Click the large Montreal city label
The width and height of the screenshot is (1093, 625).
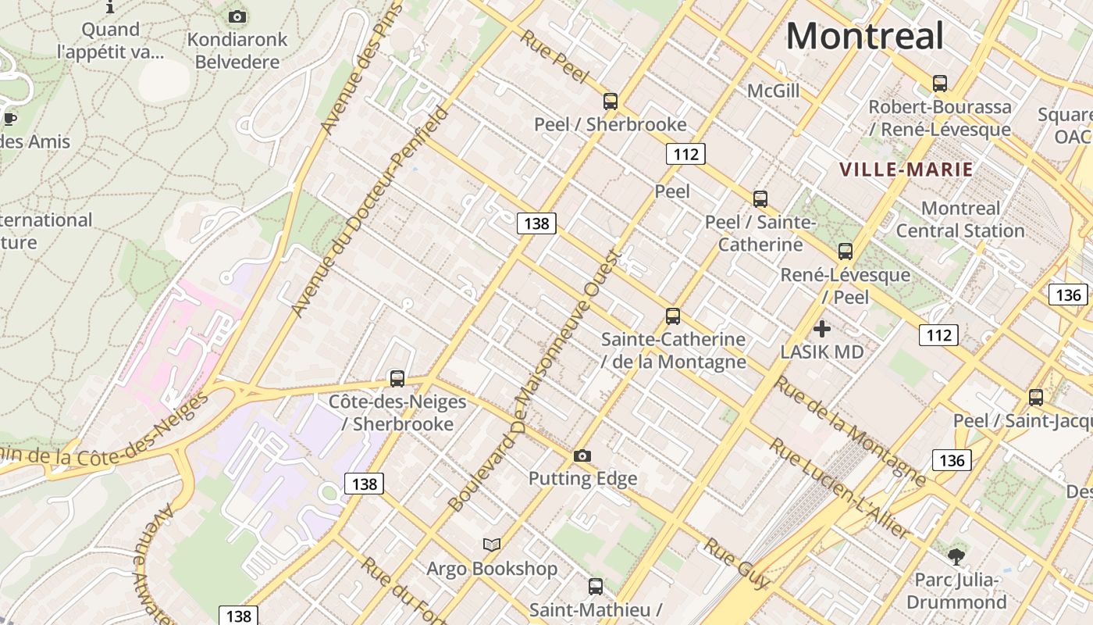click(865, 37)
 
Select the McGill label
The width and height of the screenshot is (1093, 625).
click(774, 91)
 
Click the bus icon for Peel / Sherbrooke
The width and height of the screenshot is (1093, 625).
click(611, 102)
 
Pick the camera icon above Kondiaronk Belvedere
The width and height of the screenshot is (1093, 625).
click(237, 16)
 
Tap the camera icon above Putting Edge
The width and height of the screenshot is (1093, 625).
click(582, 455)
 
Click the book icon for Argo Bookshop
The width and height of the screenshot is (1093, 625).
click(492, 545)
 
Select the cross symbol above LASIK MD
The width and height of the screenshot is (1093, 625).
click(822, 329)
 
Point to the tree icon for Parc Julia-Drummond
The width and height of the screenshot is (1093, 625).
click(956, 557)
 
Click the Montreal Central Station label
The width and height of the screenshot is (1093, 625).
click(960, 220)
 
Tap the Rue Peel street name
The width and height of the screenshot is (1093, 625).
click(554, 57)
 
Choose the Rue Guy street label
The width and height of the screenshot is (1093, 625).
click(736, 563)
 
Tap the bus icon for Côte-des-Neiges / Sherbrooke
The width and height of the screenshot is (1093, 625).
click(397, 379)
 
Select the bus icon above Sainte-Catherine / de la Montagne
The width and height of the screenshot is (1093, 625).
click(673, 316)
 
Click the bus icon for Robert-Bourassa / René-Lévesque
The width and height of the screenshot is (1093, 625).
click(940, 84)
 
